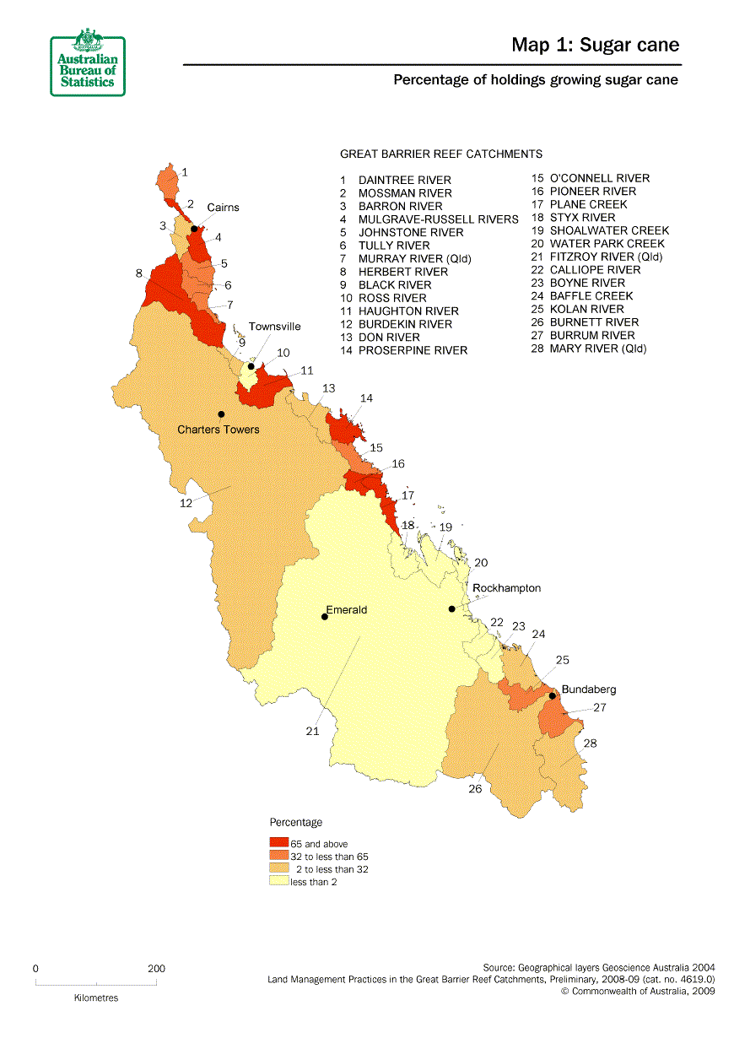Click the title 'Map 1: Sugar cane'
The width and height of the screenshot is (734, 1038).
coord(595,46)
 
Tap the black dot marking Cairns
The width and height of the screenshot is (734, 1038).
coord(194,229)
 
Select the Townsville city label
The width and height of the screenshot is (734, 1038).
coord(274,327)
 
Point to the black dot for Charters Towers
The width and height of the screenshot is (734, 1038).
coord(221,414)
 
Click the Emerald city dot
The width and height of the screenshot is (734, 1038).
coord(325,617)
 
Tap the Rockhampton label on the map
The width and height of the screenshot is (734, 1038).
coord(506,588)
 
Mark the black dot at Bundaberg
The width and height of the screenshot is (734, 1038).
coord(552,696)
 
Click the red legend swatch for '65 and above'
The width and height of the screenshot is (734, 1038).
coord(278,843)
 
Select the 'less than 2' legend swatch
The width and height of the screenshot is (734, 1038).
coord(278,881)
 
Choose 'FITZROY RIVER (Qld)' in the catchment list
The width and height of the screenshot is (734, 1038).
coord(606,257)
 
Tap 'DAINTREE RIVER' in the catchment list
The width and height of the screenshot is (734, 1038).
coord(404,180)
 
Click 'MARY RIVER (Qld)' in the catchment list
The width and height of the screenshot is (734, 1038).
coord(598,349)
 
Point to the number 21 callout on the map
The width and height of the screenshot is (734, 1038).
coord(312,732)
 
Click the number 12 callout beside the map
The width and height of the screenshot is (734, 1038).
coord(186,503)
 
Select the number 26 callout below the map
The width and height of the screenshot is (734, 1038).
coord(475,789)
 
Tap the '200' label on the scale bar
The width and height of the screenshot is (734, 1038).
coord(156,969)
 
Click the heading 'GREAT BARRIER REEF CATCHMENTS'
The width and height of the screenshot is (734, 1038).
coord(440,154)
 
